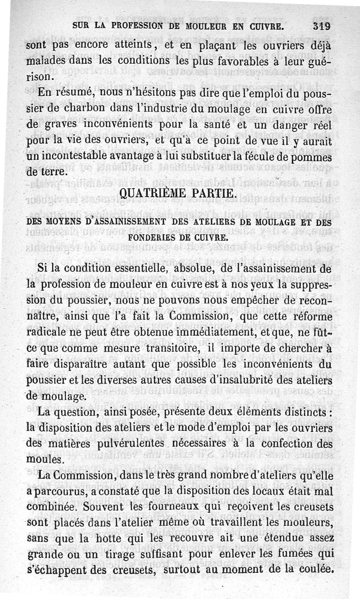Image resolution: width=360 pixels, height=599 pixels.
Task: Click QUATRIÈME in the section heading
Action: coord(149,195)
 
